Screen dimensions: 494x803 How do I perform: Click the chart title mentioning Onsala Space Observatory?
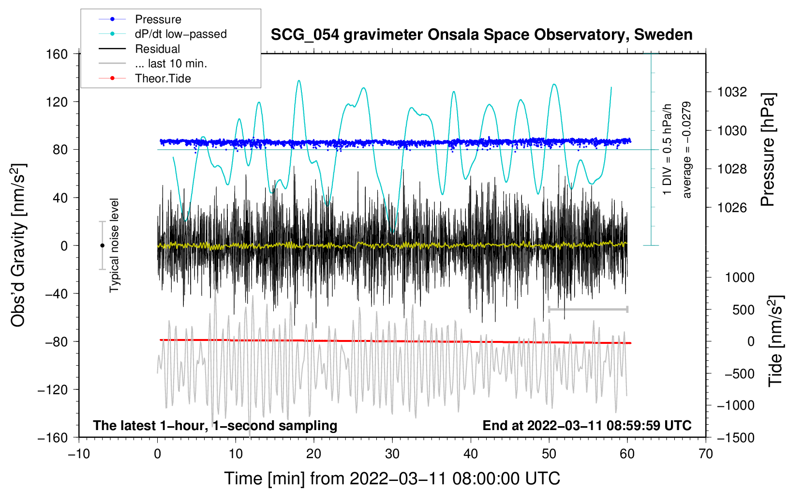click(481, 35)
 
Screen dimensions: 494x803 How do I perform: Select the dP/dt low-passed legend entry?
click(180, 34)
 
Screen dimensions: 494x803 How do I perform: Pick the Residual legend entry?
click(157, 49)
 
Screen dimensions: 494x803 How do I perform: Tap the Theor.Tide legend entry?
click(163, 78)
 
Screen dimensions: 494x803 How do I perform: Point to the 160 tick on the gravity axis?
click(57, 54)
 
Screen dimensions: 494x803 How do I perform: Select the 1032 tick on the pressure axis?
click(732, 92)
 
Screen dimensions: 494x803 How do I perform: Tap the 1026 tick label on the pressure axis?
click(732, 208)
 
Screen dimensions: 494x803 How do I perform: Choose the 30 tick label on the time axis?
click(392, 454)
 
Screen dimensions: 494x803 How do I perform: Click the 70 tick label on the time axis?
click(706, 454)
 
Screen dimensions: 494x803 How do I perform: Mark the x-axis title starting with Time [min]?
click(392, 479)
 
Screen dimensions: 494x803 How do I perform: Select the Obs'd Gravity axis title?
click(18, 245)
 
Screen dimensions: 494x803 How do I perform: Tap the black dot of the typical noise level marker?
click(102, 246)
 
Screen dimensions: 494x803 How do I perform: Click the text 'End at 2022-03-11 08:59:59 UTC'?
click(587, 425)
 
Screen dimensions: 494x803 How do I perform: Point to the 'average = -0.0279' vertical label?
click(686, 150)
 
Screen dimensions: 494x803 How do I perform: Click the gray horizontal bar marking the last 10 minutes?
click(588, 309)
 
